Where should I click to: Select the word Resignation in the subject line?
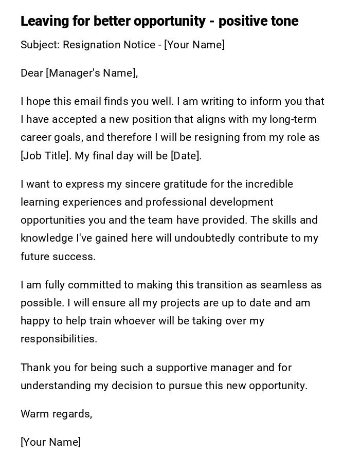coord(91,45)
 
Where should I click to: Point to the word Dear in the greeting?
coord(32,73)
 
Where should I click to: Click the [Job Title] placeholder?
coord(46,156)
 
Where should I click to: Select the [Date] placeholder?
coord(186,156)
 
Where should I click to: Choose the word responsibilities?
coord(58,339)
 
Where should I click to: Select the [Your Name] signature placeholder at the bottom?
coord(50,442)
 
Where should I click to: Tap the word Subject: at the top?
coord(40,45)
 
